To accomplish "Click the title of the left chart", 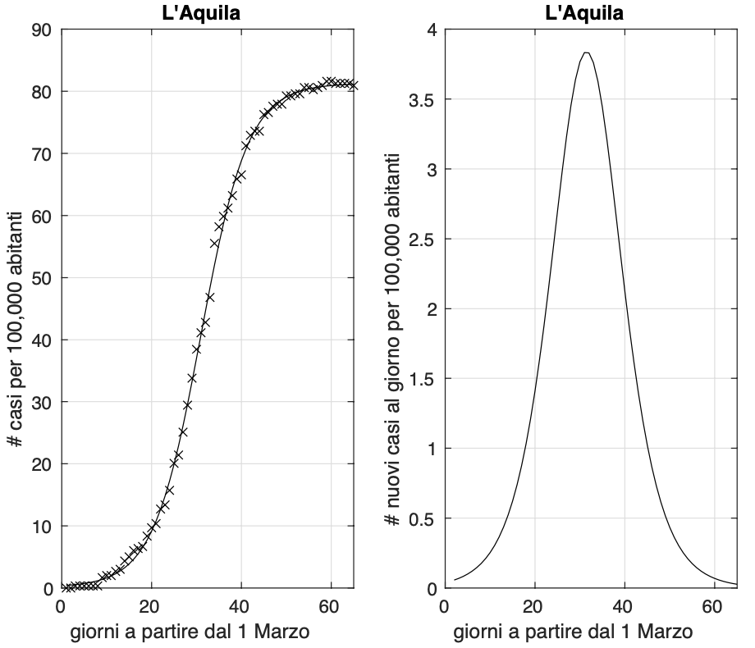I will pos(207,12).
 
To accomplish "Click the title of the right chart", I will pos(583,12).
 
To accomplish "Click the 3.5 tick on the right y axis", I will pos(423,100).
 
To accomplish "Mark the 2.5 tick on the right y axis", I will pos(423,240).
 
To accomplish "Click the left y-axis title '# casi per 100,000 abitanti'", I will pos(16,308).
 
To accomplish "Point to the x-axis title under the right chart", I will pos(573,632).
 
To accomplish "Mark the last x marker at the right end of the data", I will pos(353,84).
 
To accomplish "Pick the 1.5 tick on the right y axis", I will pos(423,379).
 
